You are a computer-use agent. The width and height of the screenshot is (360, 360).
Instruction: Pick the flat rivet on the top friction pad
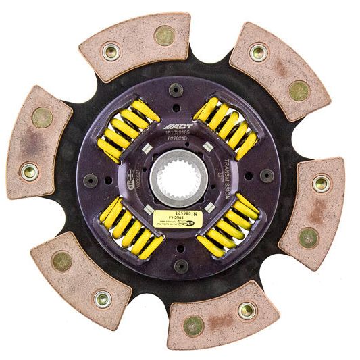tap(163, 35)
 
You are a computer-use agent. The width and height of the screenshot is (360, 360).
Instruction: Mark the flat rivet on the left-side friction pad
tap(42, 118)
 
